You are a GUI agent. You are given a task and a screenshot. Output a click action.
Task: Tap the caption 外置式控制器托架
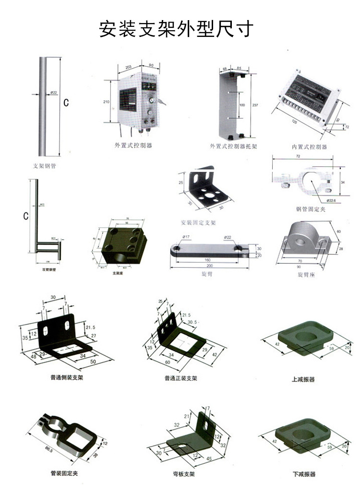(x=233, y=146)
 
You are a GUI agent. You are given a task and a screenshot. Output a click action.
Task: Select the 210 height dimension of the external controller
(x=107, y=102)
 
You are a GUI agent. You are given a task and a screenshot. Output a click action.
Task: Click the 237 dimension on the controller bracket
(x=255, y=105)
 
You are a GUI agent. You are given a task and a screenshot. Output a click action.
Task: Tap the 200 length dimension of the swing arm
(x=209, y=266)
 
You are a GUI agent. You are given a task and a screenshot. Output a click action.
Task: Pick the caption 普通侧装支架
(x=67, y=377)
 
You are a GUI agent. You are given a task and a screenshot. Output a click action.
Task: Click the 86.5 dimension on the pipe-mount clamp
(x=48, y=449)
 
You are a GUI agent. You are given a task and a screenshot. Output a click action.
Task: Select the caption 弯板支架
(x=184, y=474)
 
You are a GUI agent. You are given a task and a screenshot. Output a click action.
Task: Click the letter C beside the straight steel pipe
(x=67, y=103)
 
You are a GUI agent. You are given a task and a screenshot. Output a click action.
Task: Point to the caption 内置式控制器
(x=309, y=147)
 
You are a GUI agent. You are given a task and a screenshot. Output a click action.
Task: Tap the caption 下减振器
(x=304, y=474)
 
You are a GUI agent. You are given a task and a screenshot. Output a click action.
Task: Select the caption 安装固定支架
(x=198, y=223)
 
